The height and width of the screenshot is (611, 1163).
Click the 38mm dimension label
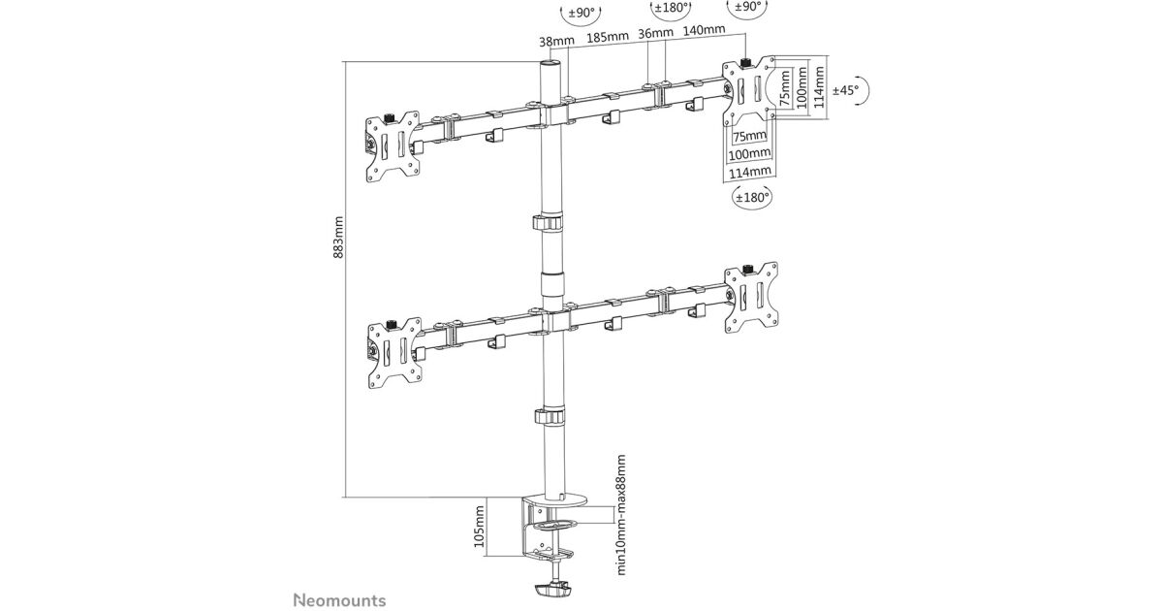(557, 41)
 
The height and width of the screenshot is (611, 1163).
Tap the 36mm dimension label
(656, 33)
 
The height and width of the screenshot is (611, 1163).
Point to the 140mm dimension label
(705, 30)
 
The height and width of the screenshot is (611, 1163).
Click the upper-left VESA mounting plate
(393, 148)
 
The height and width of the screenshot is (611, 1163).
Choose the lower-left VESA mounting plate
(393, 352)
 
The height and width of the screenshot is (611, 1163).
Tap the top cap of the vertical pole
(550, 64)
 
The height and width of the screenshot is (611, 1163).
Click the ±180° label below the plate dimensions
(752, 197)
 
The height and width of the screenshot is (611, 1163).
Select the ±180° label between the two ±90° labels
(672, 8)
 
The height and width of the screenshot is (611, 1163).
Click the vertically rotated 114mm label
(818, 85)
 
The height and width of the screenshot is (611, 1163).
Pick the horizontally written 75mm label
(749, 137)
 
